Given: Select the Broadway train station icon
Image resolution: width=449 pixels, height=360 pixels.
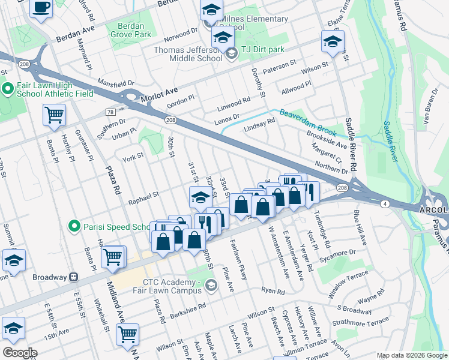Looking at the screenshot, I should pyautogui.click(x=73, y=277).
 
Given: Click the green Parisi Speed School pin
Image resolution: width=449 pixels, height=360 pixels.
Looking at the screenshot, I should pyautogui.click(x=74, y=227).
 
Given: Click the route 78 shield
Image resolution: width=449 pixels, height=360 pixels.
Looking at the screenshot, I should pyautogui.click(x=110, y=112).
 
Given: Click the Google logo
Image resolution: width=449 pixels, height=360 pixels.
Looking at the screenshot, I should pyautogui.click(x=19, y=353).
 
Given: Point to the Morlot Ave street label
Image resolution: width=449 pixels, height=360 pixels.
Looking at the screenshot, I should pyautogui.click(x=160, y=94).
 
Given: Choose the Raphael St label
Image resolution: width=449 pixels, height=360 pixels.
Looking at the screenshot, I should pyautogui.click(x=143, y=195).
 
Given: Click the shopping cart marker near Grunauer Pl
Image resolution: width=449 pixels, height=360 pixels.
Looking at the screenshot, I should pyautogui.click(x=54, y=115).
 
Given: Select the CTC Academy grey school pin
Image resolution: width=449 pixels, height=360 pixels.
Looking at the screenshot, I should pyautogui.click(x=210, y=285).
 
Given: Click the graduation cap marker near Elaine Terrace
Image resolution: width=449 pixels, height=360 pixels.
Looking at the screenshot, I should pyautogui.click(x=332, y=42).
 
